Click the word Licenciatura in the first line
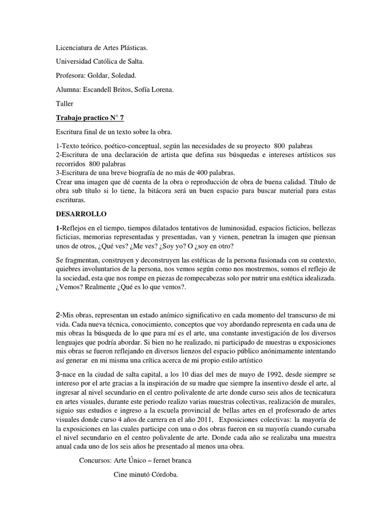pyautogui.click(x=73, y=48)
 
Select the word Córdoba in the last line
pyautogui.click(x=161, y=474)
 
